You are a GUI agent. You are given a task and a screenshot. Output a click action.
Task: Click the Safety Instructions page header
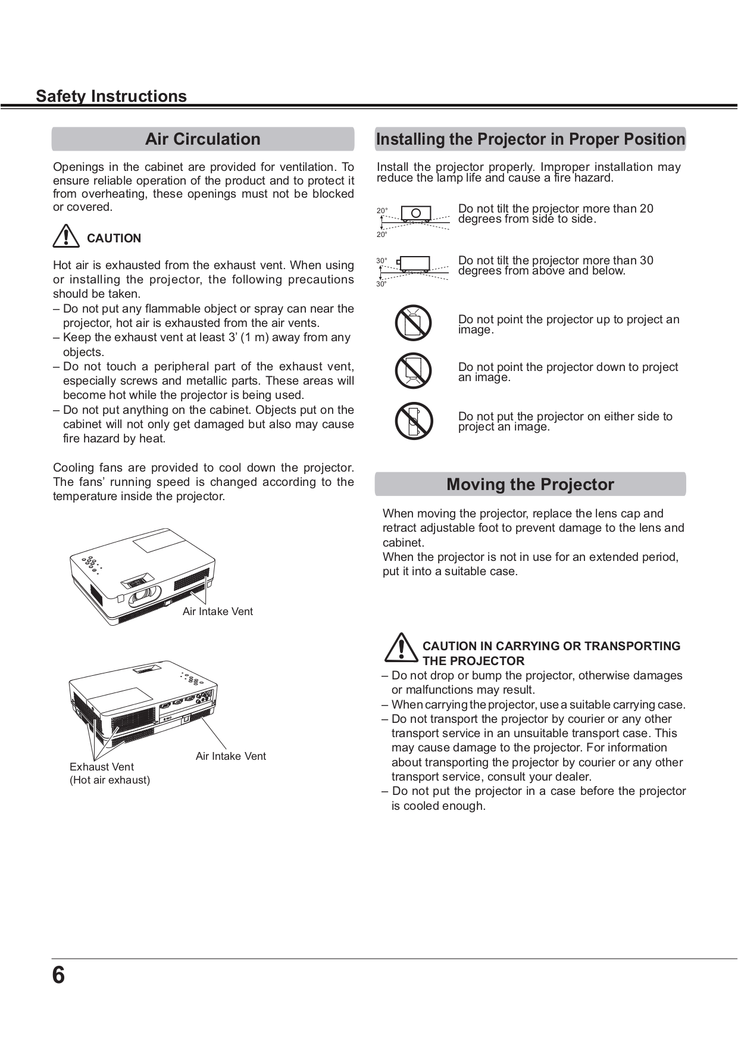[111, 96]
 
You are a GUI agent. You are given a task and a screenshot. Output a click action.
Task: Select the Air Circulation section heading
[203, 139]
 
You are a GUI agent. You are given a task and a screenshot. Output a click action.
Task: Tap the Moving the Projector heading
[530, 484]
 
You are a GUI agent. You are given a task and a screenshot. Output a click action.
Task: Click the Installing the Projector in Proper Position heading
[530, 139]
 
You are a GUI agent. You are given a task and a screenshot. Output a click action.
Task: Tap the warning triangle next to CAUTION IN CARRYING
[401, 648]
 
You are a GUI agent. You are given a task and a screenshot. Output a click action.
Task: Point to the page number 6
[58, 975]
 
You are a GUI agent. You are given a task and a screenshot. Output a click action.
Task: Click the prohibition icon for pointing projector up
[413, 323]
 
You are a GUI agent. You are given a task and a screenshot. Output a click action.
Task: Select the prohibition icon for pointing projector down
[413, 371]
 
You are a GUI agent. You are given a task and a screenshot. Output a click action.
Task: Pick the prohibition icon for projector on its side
[413, 420]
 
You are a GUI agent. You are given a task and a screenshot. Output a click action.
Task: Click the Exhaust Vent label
[102, 767]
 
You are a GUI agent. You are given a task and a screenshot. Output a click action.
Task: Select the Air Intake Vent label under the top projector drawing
[217, 612]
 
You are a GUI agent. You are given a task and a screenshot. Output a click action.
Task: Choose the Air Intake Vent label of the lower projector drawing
[230, 756]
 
